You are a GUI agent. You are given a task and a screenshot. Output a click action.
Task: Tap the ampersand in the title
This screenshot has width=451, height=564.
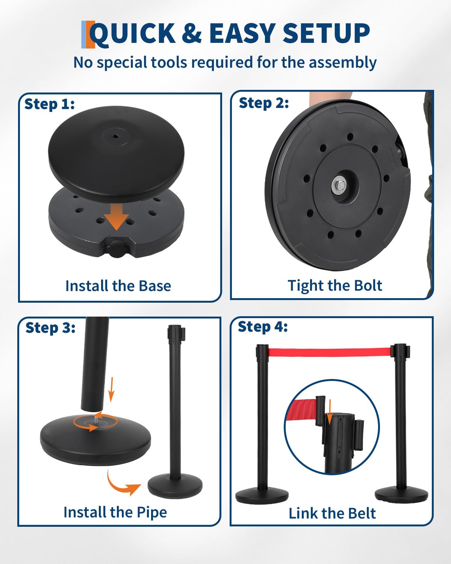coord(192,33)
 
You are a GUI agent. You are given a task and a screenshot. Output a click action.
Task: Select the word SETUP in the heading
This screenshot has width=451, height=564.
coord(326,33)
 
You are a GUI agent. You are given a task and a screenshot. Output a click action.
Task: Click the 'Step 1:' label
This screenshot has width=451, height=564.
coord(50,104)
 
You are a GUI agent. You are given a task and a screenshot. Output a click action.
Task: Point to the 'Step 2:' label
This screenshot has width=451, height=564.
coord(263,103)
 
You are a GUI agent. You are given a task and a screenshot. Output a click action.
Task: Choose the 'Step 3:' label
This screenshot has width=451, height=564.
coord(50,327)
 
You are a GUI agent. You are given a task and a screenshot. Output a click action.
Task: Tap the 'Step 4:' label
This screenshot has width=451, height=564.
coord(263,327)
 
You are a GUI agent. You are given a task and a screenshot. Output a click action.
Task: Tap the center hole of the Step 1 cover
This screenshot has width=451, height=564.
coord(115,136)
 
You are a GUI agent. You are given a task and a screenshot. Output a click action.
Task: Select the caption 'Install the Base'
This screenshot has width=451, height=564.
coord(118,286)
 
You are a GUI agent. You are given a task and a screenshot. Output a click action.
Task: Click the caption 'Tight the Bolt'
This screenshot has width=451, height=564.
coord(335,286)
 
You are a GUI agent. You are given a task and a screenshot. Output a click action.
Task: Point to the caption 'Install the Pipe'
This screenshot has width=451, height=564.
coord(115,512)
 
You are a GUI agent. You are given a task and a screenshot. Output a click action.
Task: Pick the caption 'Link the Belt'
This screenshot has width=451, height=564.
coord(332,513)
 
